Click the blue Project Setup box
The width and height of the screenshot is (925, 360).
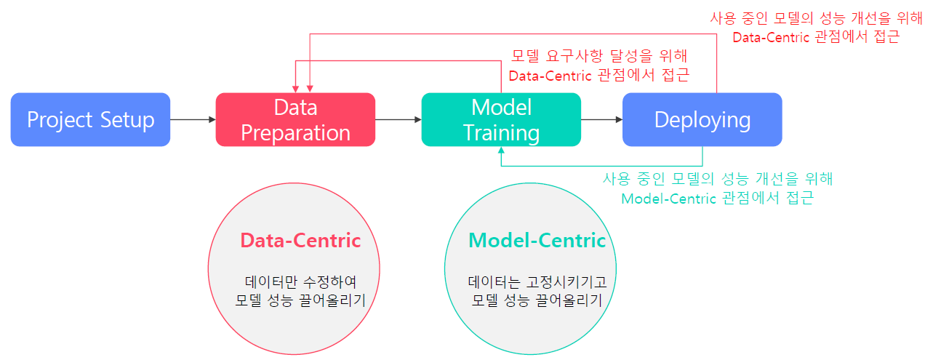point(90,119)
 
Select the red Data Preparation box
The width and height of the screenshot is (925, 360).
point(295,119)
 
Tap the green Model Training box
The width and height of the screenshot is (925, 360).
point(501,119)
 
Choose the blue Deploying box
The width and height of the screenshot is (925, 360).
point(702,119)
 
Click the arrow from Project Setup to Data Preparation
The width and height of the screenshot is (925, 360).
point(193,119)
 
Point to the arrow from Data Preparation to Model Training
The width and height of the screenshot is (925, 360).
point(399,119)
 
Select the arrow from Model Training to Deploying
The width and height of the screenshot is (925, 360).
point(601,119)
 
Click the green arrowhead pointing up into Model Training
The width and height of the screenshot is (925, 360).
point(501,151)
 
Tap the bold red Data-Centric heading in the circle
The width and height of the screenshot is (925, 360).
point(300,241)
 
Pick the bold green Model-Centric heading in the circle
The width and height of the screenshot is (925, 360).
point(537,241)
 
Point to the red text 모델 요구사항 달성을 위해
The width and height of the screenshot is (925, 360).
point(599,56)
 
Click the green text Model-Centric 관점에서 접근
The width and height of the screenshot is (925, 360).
point(716,199)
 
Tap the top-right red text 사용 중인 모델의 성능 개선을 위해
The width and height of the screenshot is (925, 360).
point(816,17)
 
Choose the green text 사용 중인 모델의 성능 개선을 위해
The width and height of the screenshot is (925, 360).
point(717,179)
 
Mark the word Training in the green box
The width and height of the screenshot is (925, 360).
point(502,133)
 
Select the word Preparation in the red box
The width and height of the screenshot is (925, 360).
point(295,133)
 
